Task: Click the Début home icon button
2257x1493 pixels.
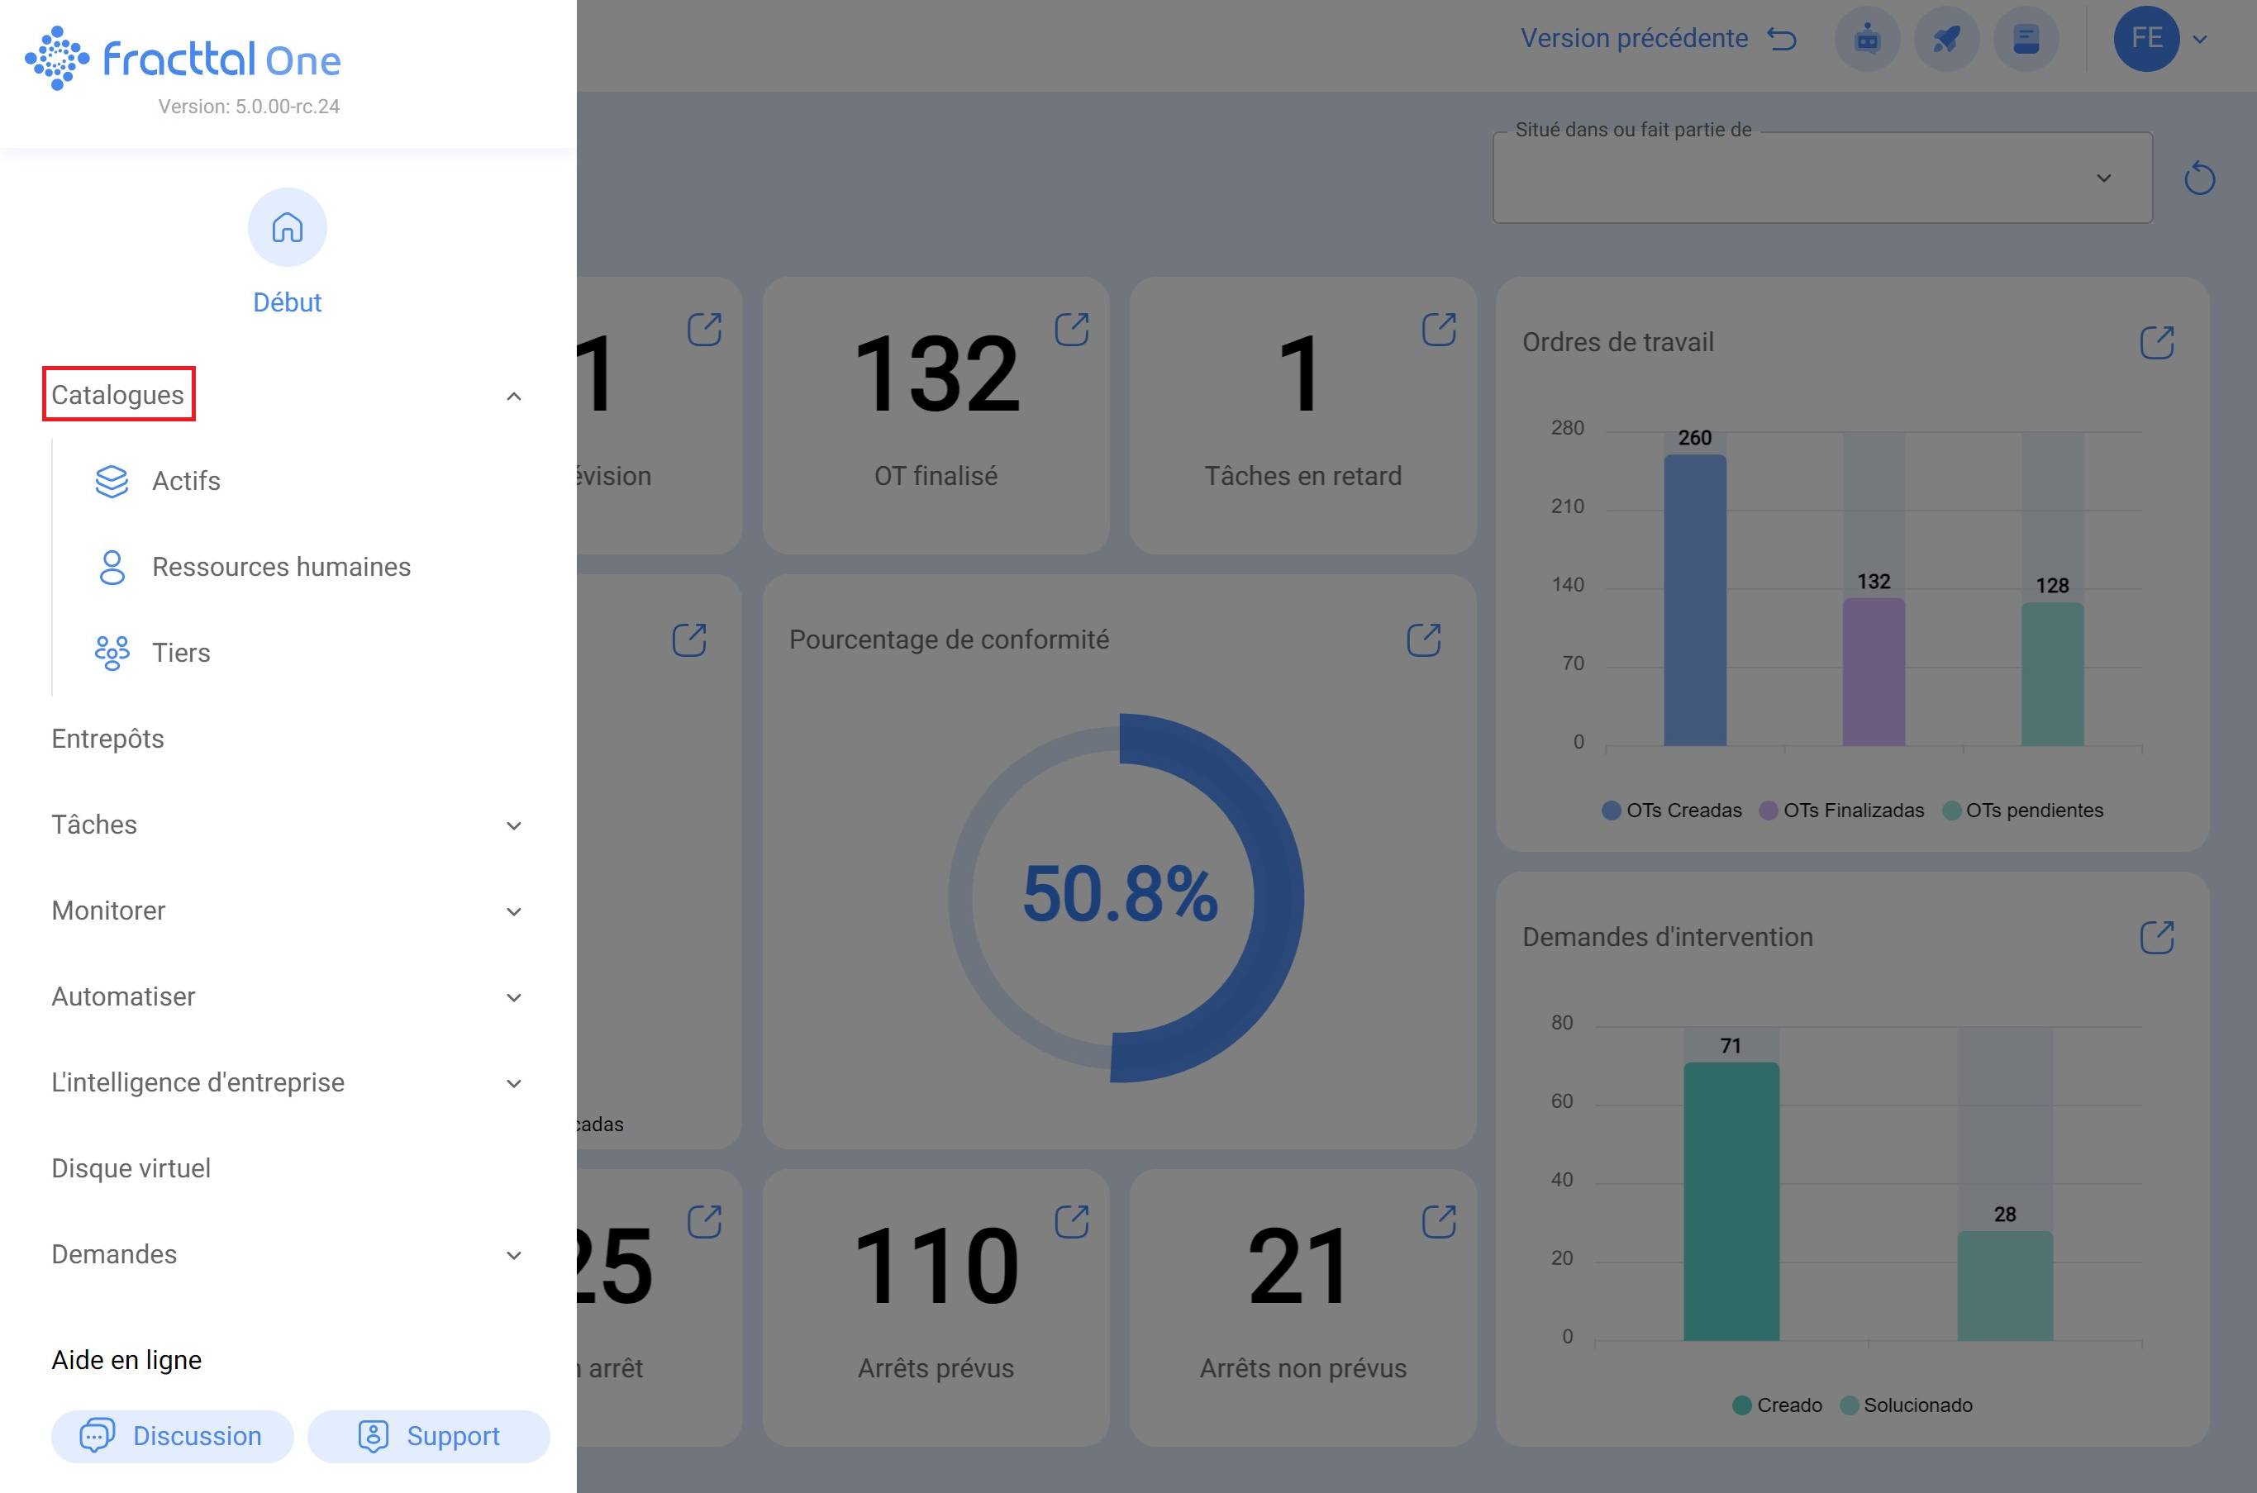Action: [x=287, y=227]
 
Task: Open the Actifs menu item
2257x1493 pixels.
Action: [x=186, y=481]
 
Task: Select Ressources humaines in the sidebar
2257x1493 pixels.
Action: [x=281, y=567]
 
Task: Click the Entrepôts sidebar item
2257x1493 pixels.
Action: [x=107, y=739]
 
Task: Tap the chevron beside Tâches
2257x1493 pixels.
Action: [x=513, y=825]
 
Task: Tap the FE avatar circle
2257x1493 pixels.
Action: [x=2145, y=38]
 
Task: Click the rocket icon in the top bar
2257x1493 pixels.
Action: [x=1946, y=39]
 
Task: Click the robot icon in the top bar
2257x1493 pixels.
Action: [x=1867, y=39]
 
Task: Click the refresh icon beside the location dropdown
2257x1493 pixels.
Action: [x=2199, y=178]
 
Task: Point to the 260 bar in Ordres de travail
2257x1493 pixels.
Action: [x=1694, y=600]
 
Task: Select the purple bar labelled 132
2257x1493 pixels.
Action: [x=1874, y=671]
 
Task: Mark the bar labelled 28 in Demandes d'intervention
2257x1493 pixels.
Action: [x=2005, y=1286]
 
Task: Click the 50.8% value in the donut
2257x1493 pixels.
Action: [x=1120, y=894]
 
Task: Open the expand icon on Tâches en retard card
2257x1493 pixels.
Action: [x=1438, y=330]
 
